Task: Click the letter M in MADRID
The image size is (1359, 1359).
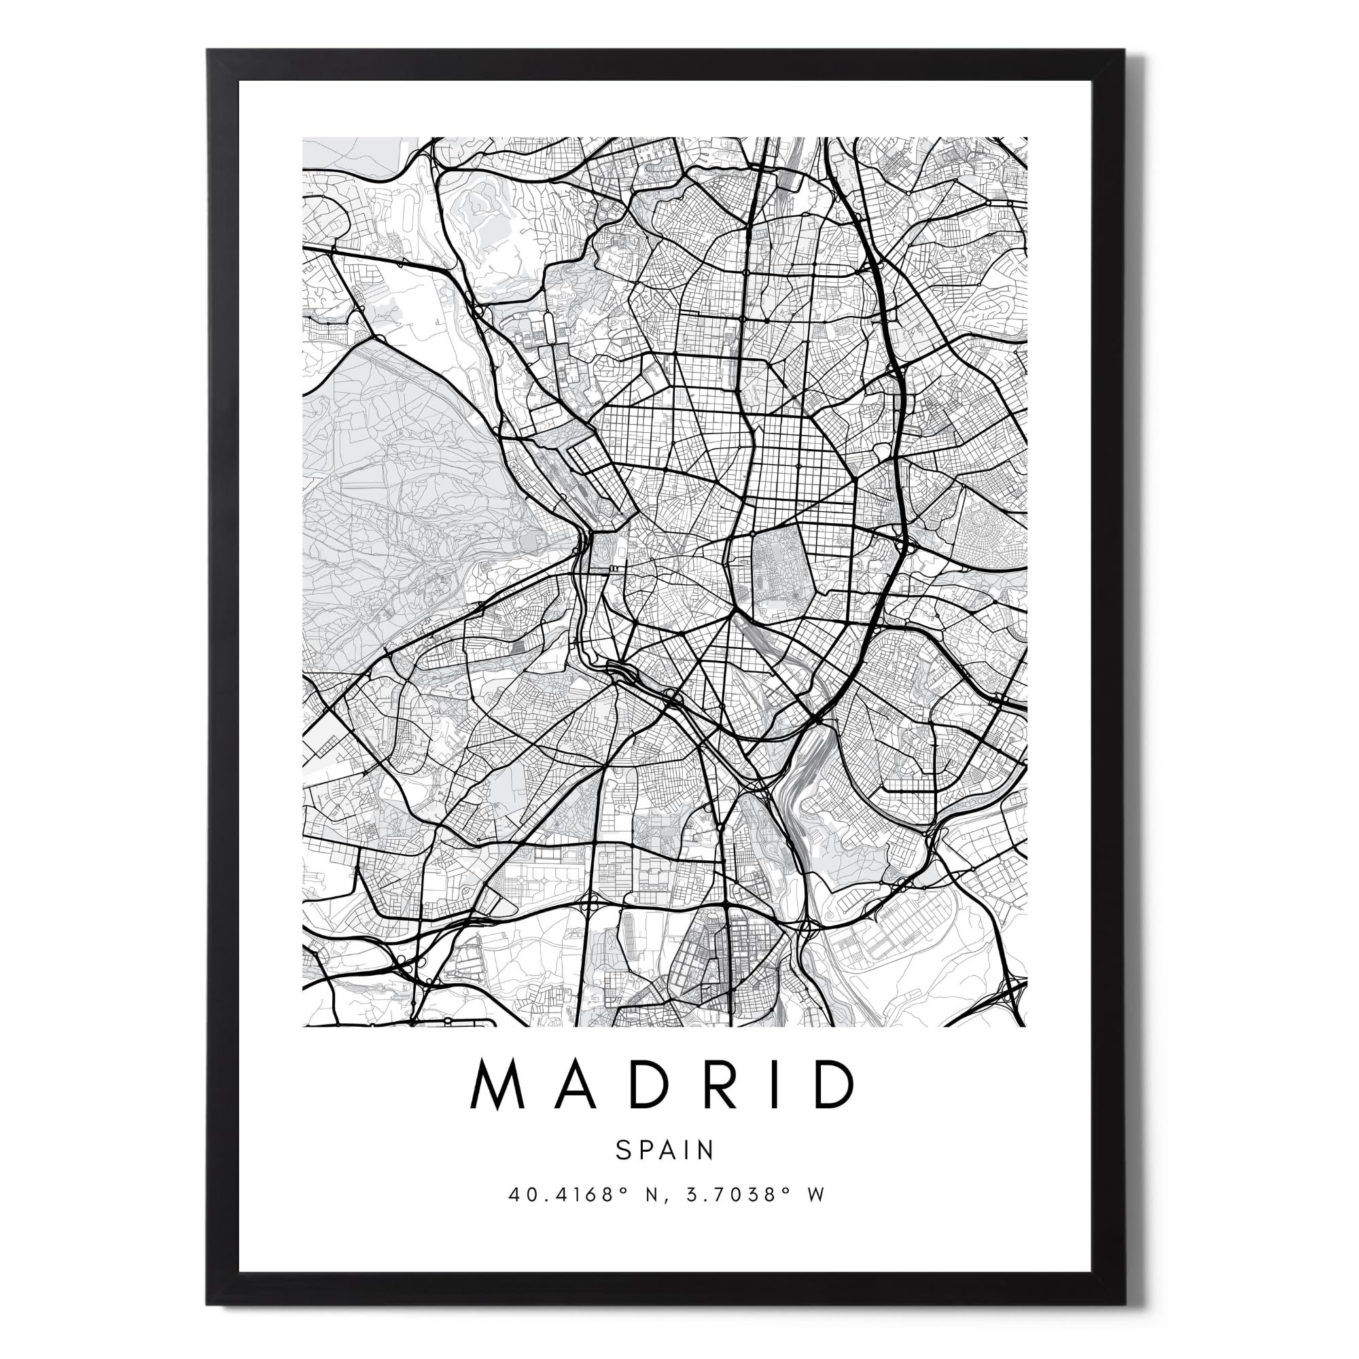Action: coord(498,1083)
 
